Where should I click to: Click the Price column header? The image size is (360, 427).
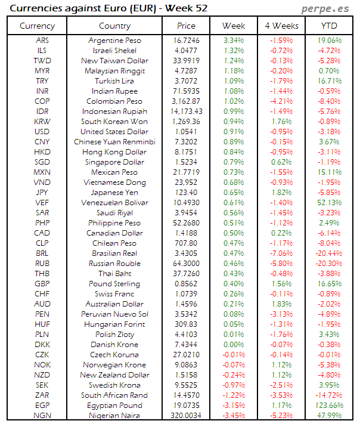click(186, 26)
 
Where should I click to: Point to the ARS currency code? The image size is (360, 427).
click(42, 41)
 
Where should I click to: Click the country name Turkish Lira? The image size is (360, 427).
click(114, 81)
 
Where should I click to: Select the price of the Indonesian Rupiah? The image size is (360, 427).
click(186, 112)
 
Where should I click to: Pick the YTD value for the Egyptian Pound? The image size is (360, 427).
click(329, 406)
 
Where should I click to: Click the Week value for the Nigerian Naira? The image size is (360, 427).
click(233, 416)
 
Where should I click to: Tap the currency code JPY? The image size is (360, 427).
click(42, 193)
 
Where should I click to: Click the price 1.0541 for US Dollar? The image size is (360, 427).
click(186, 132)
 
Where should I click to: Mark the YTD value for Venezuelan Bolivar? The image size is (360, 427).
click(329, 203)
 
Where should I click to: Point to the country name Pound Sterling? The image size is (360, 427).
click(114, 284)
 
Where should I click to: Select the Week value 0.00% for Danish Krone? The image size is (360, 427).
click(233, 345)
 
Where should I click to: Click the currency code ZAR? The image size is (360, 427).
click(42, 395)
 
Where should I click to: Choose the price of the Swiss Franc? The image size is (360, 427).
click(186, 294)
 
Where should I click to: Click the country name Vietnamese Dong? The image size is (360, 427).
click(114, 182)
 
